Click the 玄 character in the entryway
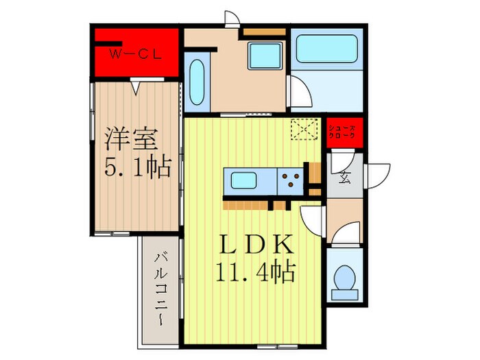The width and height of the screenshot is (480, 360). [x=344, y=180]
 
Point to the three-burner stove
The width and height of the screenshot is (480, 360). [x=290, y=180]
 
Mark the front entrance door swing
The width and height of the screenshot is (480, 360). [x=378, y=174]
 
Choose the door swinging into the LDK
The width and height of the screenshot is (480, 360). [x=312, y=220]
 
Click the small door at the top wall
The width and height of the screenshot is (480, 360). [x=232, y=20]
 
